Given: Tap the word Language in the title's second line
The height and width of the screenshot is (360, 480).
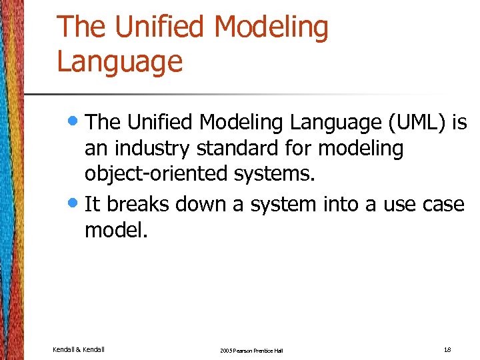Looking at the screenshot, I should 120,61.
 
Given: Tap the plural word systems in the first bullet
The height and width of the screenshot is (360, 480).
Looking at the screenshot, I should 273,175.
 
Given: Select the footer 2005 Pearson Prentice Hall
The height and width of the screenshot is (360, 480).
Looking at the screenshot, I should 251,351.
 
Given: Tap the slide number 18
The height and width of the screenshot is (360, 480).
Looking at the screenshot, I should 448,349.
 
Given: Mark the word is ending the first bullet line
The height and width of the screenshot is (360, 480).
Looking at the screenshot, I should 459,122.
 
